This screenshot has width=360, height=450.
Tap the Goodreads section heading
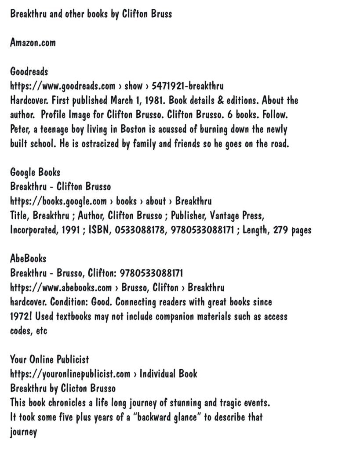[29, 71]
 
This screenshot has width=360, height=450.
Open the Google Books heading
[35, 172]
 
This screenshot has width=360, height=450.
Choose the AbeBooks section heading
[28, 259]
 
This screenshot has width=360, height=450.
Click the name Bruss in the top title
[160, 14]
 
